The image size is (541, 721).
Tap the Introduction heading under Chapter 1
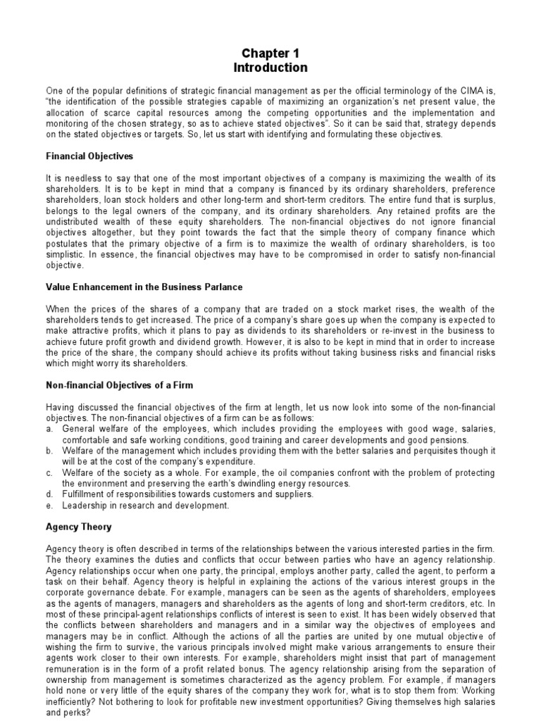point(270,68)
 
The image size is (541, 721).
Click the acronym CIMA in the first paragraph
point(473,91)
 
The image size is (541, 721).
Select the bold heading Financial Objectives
point(89,156)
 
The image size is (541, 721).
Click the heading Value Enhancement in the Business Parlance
point(154,287)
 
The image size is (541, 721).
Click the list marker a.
point(49,428)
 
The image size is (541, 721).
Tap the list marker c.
point(49,473)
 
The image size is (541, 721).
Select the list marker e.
point(49,506)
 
